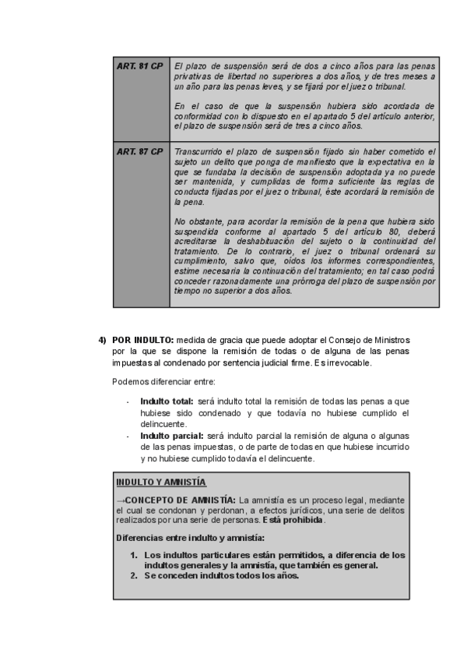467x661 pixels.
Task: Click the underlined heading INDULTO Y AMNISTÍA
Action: coord(160,482)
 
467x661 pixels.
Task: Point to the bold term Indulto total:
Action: coord(167,401)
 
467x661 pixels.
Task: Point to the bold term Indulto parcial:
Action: coord(171,434)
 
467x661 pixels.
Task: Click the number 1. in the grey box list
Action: coord(134,555)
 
